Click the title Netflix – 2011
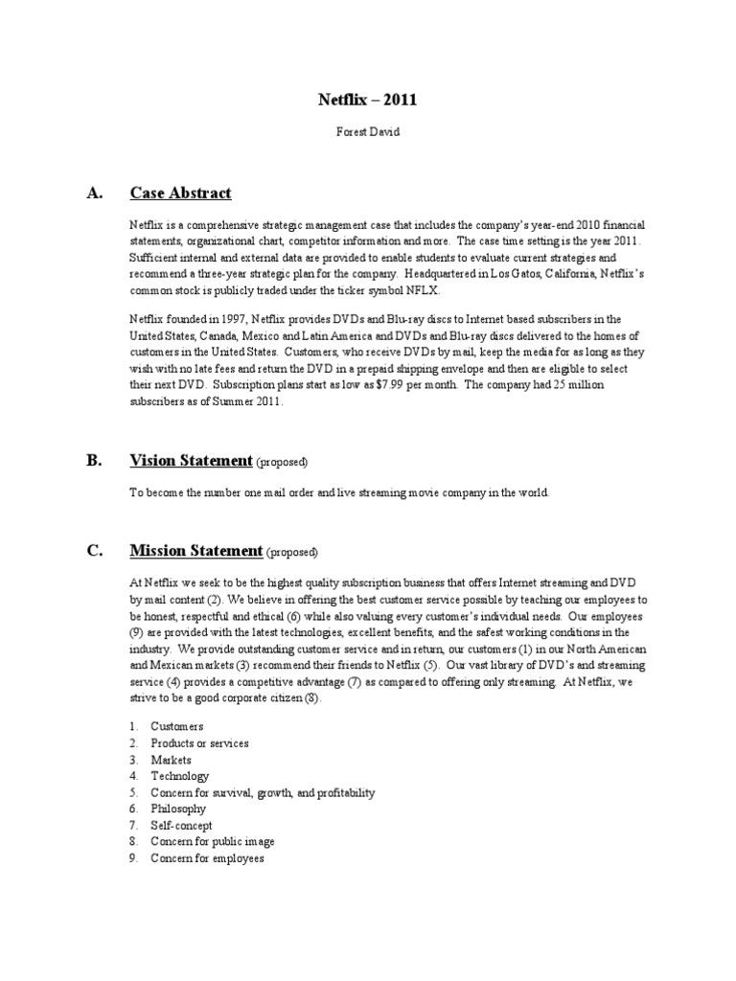pyautogui.click(x=367, y=99)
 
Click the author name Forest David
pyautogui.click(x=367, y=132)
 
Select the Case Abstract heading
pyautogui.click(x=180, y=194)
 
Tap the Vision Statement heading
pyautogui.click(x=191, y=461)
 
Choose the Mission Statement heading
pyautogui.click(x=195, y=551)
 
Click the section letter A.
pyautogui.click(x=94, y=194)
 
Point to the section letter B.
pyautogui.click(x=94, y=461)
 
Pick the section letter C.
pyautogui.click(x=94, y=551)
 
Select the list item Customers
pyautogui.click(x=177, y=727)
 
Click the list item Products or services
pyautogui.click(x=199, y=743)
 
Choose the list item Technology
pyautogui.click(x=179, y=776)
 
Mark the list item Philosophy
pyautogui.click(x=178, y=809)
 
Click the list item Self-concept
pyautogui.click(x=181, y=825)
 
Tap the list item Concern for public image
pyautogui.click(x=212, y=841)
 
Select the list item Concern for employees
pyautogui.click(x=207, y=857)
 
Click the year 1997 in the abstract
pyautogui.click(x=231, y=319)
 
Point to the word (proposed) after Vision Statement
pyautogui.click(x=282, y=463)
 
